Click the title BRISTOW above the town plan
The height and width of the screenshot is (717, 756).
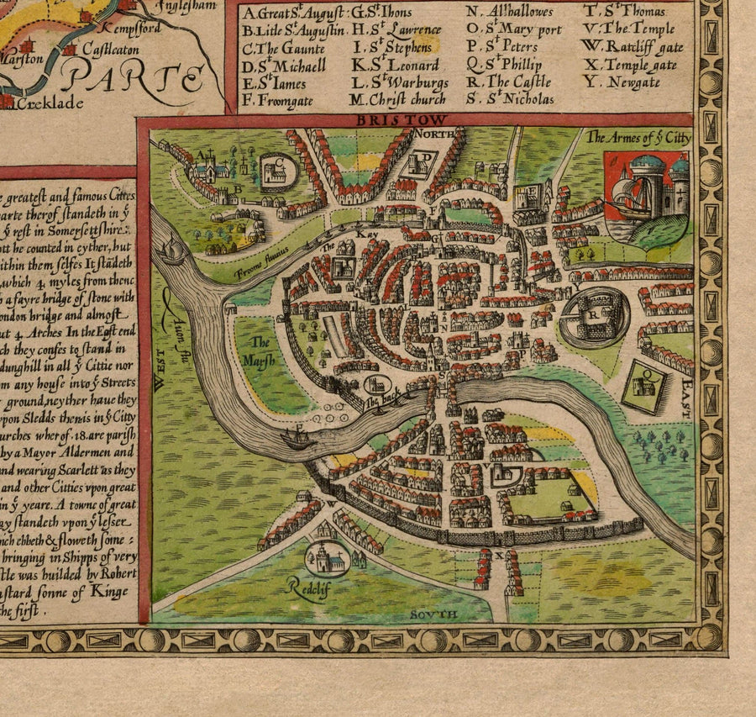(402, 120)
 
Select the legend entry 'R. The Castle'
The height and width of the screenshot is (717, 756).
(508, 82)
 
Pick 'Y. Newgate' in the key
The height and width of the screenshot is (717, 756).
(622, 82)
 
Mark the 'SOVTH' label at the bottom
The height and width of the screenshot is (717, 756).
(434, 614)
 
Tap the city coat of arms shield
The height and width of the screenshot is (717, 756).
(647, 198)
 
